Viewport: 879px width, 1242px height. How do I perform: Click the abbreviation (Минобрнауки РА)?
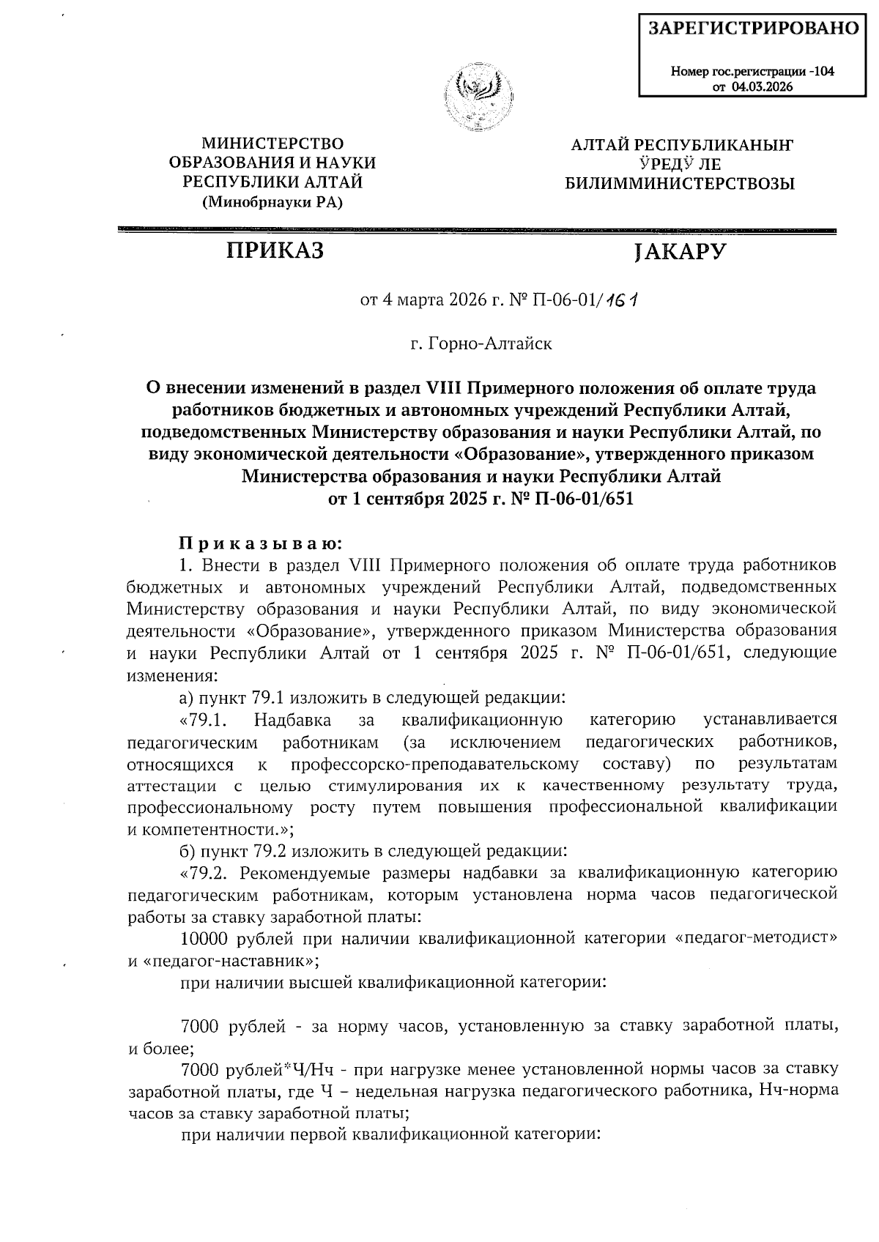click(x=272, y=202)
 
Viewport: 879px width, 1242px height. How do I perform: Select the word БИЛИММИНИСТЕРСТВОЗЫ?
click(x=679, y=184)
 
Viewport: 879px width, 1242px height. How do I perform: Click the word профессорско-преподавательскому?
click(x=434, y=765)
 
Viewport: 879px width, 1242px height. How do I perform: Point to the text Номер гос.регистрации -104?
click(x=752, y=72)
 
